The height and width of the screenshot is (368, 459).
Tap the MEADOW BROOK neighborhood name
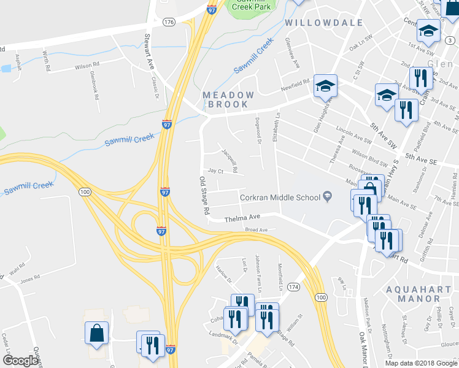pos(228,99)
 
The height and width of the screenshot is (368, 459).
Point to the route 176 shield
pos(169,22)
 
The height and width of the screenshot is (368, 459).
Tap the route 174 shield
pos(294,287)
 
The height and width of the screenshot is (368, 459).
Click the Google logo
pos(20,361)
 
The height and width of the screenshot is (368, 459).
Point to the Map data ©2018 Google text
pos(422,363)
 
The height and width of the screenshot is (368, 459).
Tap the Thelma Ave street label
pos(242,218)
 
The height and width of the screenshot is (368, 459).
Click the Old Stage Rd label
pos(204,195)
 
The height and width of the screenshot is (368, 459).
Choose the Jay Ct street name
pos(215,171)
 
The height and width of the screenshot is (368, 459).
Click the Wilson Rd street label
pos(87,65)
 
